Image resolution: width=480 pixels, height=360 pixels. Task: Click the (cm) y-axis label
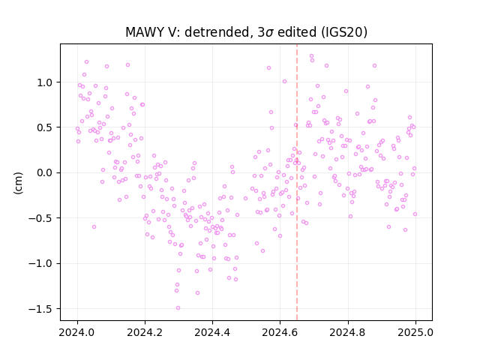pyautogui.click(x=18, y=183)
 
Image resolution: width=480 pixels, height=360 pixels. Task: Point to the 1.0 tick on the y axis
pyautogui.click(x=46, y=82)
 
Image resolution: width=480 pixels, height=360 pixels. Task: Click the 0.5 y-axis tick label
pyautogui.click(x=46, y=127)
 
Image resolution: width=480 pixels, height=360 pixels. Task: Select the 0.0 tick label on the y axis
pyautogui.click(x=46, y=173)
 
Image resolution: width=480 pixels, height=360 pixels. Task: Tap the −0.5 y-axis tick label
pyautogui.click(x=41, y=218)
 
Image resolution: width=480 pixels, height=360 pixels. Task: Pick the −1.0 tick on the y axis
pyautogui.click(x=41, y=263)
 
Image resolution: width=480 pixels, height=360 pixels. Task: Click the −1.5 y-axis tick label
pyautogui.click(x=41, y=309)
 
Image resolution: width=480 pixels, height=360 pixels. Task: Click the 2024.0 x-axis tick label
pyautogui.click(x=77, y=332)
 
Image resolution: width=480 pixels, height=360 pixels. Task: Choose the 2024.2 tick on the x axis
pyautogui.click(x=145, y=332)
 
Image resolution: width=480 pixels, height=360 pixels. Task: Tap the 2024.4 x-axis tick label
pyautogui.click(x=212, y=332)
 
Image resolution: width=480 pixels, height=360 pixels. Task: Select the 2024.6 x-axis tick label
pyautogui.click(x=280, y=332)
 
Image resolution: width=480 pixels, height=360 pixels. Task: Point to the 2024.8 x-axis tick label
pyautogui.click(x=348, y=332)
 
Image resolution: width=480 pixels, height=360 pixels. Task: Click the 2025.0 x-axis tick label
pyautogui.click(x=415, y=332)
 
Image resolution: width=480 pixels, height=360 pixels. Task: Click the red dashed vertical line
pyautogui.click(x=297, y=182)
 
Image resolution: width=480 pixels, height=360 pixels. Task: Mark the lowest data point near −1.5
pyautogui.click(x=178, y=307)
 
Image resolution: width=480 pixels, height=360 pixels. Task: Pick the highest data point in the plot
pyautogui.click(x=311, y=56)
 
